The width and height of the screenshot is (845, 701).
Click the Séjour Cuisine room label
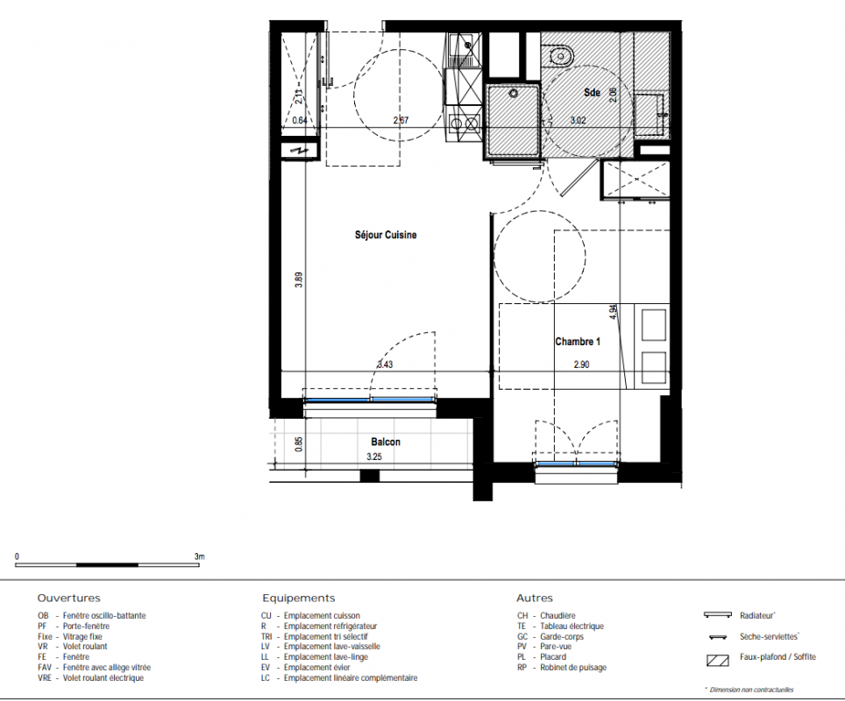coord(386,235)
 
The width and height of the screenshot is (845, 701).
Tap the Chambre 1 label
coord(578,342)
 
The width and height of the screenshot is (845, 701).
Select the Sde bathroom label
coord(592,93)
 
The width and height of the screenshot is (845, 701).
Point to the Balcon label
coord(386,442)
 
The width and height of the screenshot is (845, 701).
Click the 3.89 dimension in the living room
coord(299,280)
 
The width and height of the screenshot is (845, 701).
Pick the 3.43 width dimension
coord(385,365)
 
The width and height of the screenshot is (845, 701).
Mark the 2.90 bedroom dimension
coord(581,365)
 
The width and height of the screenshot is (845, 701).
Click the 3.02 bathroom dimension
coord(579,120)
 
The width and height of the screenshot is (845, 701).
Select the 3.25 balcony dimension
coord(374,457)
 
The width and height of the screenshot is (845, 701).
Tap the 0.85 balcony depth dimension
coord(299,444)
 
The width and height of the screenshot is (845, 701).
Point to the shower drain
coord(514,94)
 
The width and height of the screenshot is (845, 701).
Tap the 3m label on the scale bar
coord(199,556)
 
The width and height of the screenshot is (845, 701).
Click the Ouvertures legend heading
coord(69,598)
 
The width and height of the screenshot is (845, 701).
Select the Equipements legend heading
coord(299,598)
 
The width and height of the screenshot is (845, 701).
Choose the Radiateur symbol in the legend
coord(718,615)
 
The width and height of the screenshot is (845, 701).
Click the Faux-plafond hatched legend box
coord(717,660)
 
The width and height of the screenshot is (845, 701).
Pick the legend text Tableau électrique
coord(572,627)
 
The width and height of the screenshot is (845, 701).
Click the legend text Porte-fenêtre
coord(86,627)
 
